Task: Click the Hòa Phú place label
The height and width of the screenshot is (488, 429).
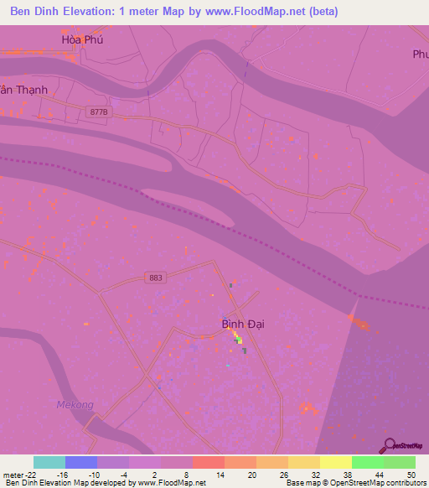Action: point(80,39)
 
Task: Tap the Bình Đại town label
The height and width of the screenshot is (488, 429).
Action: point(243,324)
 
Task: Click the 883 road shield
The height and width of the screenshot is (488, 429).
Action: point(153,278)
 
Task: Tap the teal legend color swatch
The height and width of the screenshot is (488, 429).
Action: point(49,462)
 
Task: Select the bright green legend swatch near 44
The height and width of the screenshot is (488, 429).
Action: point(367,462)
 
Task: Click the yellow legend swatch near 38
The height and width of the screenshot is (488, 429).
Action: point(335,462)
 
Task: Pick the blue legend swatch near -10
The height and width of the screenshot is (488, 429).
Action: point(81,462)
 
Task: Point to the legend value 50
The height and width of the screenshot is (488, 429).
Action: point(411,474)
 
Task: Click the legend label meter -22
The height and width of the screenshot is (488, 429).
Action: point(21,474)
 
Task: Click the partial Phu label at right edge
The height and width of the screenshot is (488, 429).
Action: point(420,55)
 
